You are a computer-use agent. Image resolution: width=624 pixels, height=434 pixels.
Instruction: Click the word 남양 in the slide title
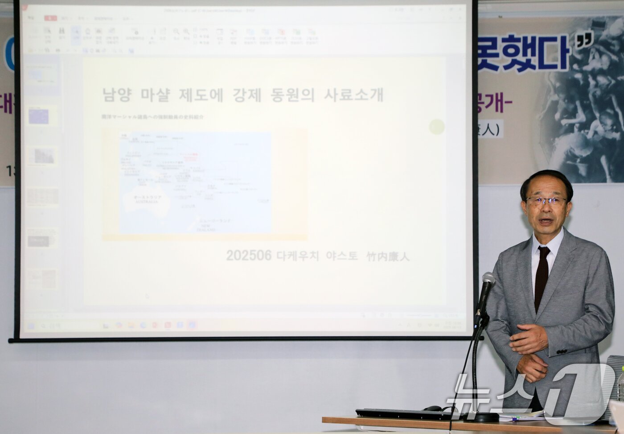117,95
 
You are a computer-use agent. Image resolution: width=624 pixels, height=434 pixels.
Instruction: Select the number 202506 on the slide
248,256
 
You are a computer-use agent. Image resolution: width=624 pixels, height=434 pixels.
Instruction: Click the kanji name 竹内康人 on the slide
388,256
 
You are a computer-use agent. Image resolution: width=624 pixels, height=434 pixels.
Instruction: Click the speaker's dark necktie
541,277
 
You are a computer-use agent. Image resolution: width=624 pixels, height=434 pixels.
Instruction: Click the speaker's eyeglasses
545,201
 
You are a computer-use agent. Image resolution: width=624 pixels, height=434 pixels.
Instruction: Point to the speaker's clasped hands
530,352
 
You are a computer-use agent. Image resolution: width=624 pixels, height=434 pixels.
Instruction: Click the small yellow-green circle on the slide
437,127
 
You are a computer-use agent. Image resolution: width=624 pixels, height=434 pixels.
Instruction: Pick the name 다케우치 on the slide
297,256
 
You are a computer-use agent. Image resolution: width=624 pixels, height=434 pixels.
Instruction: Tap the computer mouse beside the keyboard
432,408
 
